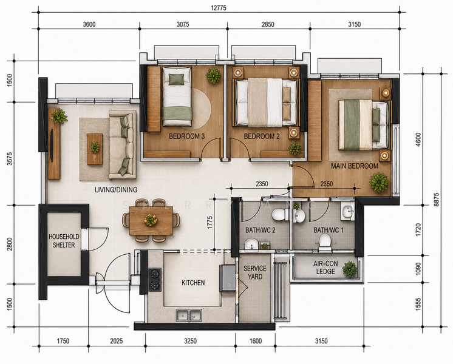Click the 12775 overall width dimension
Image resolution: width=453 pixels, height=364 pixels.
[x=219, y=8]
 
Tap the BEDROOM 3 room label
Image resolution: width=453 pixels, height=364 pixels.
[x=186, y=136]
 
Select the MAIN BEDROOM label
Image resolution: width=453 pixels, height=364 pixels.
[x=355, y=166]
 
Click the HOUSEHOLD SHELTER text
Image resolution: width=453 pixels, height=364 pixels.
[x=64, y=241]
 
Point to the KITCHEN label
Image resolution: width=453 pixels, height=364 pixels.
[x=193, y=283]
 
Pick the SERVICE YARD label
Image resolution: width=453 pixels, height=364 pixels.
[x=255, y=272]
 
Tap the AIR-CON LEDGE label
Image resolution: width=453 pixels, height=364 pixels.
[x=325, y=268]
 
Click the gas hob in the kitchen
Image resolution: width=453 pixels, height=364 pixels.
[x=155, y=280]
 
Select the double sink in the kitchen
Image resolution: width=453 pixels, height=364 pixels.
[x=189, y=315]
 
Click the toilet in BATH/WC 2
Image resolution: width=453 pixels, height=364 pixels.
[x=280, y=214]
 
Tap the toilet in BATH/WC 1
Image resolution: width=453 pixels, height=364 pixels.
[x=325, y=242]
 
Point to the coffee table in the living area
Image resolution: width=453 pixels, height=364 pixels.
[x=95, y=149]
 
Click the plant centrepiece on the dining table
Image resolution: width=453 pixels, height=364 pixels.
[x=151, y=220]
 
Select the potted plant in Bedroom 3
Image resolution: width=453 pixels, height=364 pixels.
[x=214, y=76]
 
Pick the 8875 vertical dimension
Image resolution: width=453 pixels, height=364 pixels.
[x=436, y=200]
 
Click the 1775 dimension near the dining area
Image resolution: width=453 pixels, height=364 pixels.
[x=209, y=222]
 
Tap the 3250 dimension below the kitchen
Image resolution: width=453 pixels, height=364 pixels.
[x=191, y=341]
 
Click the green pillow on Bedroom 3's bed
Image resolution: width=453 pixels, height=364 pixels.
[x=176, y=79]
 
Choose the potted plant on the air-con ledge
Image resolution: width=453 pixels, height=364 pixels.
[x=350, y=269]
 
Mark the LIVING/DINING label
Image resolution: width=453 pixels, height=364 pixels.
[x=116, y=190]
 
